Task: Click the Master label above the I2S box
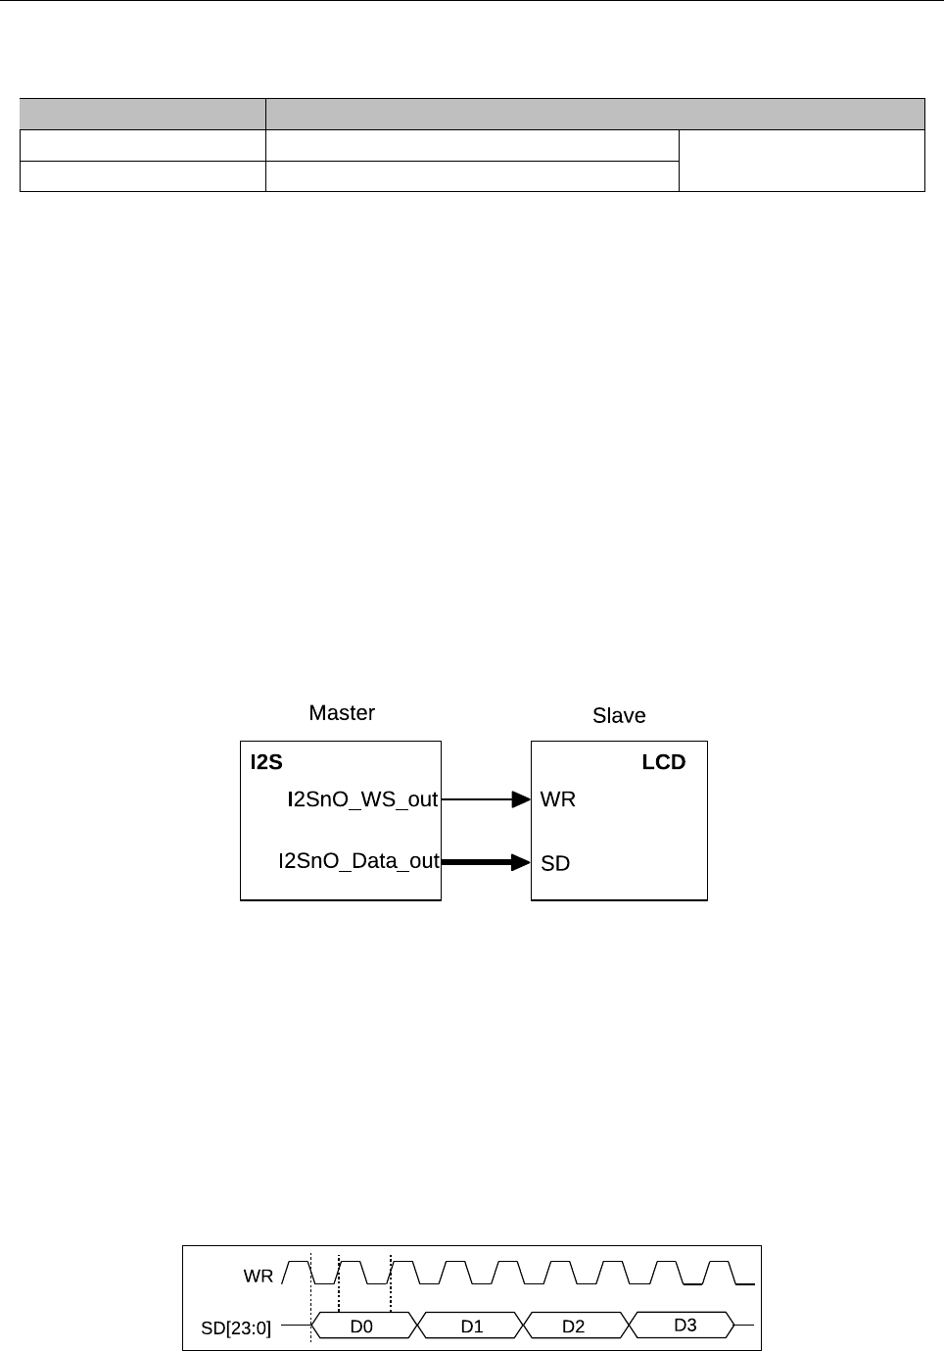pos(342,713)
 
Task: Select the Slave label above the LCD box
pos(619,716)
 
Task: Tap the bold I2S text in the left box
pos(266,762)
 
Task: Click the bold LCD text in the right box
pos(663,762)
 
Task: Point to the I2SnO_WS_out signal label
pos(362,799)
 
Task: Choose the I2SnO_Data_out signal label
pos(358,861)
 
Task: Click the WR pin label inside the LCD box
pos(558,799)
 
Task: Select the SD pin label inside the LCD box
pos(555,863)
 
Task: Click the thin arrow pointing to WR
pos(486,799)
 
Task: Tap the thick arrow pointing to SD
pos(486,862)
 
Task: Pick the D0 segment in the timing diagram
pos(361,1327)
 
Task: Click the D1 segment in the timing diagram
pos(472,1327)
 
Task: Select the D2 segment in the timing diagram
pos(573,1327)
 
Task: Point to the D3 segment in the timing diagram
pos(684,1326)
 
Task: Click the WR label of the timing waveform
pos(259,1277)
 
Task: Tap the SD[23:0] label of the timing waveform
pos(236,1328)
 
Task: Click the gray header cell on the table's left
pos(143,114)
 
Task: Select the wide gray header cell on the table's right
pos(595,114)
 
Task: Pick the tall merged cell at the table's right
pos(802,161)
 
